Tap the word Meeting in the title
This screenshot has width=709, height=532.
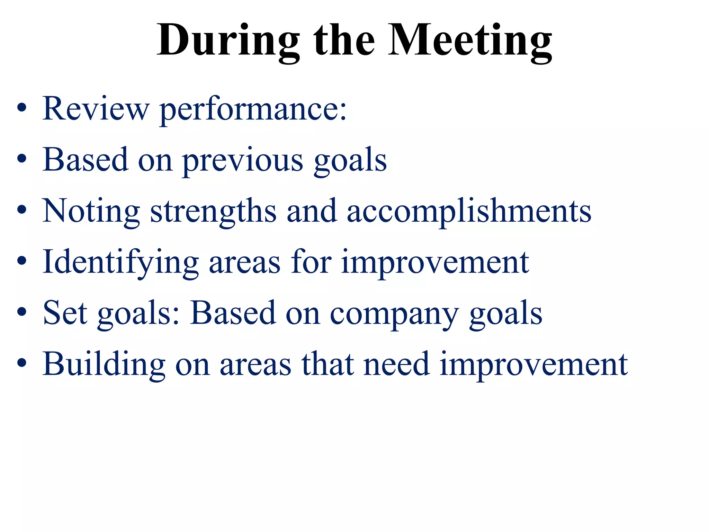470,41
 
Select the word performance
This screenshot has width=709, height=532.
253,110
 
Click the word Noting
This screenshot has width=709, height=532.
91,211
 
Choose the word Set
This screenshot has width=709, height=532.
65,313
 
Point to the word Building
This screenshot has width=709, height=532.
104,364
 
